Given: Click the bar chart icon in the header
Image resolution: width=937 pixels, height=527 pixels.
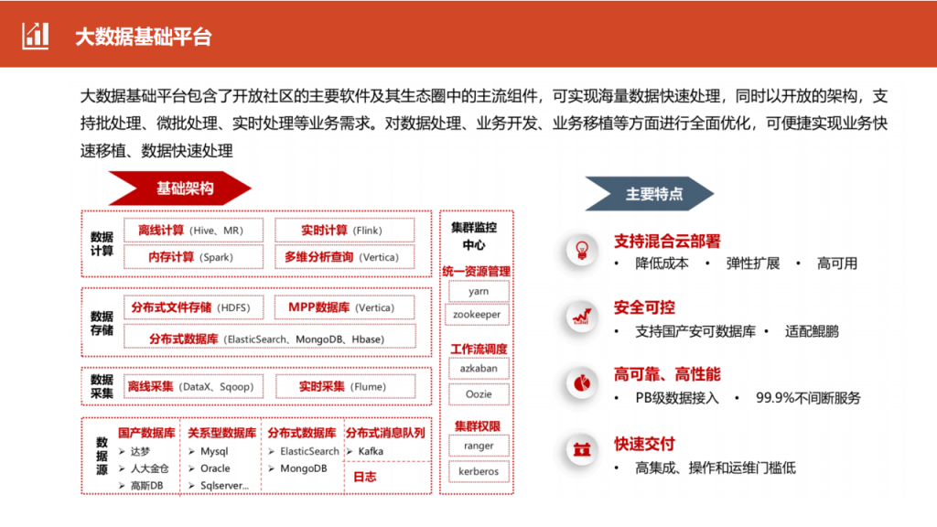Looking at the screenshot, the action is [36, 36].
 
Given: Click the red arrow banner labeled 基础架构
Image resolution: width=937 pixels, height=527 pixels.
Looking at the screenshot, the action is [179, 188].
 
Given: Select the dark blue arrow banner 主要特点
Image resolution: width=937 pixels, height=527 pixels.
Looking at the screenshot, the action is [649, 194].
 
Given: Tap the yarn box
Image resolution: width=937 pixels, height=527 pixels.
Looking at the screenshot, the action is [479, 291].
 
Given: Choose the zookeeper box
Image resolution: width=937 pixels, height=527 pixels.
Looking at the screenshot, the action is [478, 315].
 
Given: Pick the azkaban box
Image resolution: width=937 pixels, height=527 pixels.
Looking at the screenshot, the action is [479, 368].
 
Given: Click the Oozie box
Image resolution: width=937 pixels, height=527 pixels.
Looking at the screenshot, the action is [479, 394].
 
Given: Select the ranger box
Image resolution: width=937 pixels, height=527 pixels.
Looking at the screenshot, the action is [479, 446].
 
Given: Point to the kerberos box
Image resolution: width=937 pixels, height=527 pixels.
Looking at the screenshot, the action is [479, 471].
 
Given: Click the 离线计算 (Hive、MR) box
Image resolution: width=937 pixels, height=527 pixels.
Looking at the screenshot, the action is [193, 231].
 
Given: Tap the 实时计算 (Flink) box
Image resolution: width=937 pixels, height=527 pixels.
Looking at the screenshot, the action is [344, 231].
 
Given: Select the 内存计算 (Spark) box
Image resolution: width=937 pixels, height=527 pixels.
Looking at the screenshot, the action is [193, 257].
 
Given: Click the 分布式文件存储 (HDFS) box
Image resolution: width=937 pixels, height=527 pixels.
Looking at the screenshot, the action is [193, 307].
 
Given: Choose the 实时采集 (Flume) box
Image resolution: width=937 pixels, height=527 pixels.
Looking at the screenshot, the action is [345, 387].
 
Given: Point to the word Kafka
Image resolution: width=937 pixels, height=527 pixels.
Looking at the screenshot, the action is [371, 451].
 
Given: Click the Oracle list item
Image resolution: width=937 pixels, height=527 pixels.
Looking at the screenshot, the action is [215, 468].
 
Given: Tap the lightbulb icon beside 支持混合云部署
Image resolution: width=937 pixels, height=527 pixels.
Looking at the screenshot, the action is [581, 250].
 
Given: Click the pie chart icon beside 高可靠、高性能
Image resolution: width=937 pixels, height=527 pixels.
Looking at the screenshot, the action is [581, 383].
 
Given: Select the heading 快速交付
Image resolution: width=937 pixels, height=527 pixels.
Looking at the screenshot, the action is [644, 444].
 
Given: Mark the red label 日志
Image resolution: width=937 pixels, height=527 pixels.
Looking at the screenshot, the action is [364, 477].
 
